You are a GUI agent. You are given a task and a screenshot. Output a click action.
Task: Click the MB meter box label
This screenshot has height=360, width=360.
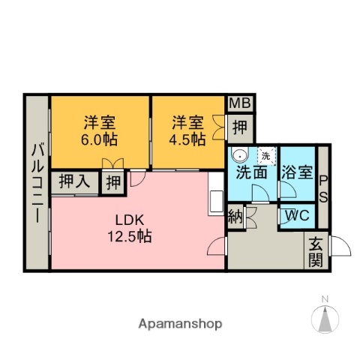[240, 103]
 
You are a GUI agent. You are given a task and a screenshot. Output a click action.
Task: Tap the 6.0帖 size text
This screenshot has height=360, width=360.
[99, 139]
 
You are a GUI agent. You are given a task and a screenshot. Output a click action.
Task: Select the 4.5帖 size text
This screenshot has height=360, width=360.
[187, 139]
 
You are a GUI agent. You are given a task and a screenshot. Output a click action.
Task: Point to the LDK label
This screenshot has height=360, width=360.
[130, 220]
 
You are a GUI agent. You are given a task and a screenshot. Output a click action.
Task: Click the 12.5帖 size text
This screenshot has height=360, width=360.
[130, 236]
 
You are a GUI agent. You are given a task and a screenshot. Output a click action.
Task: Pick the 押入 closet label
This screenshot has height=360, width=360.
[75, 181]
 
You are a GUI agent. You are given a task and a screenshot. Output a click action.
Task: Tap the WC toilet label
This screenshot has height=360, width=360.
[298, 215]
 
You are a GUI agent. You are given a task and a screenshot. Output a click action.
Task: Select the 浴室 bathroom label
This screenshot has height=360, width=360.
[297, 172]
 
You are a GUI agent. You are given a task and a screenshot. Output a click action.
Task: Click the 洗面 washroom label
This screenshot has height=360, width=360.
[251, 172]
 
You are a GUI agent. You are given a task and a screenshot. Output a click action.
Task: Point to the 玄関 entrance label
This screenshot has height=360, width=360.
[315, 252]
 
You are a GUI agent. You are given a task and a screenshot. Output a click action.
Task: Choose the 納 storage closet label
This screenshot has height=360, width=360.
[235, 217]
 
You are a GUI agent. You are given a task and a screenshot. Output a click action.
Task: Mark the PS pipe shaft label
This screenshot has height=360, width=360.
[323, 189]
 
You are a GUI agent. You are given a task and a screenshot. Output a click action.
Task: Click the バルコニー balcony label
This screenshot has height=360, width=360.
[37, 183]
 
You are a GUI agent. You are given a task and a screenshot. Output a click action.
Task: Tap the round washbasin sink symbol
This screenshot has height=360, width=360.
[239, 155]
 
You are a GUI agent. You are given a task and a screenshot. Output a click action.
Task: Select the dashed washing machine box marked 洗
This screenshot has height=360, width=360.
[267, 156]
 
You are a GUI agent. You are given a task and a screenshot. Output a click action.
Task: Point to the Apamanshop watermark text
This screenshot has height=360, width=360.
[180, 324]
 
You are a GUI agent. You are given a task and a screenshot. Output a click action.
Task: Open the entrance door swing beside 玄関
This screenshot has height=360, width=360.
[340, 246]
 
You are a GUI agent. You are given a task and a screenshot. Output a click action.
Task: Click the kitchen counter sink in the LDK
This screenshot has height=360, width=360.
[217, 202]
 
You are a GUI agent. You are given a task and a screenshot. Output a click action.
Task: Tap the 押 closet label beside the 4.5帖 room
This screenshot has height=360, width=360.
[239, 127]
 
